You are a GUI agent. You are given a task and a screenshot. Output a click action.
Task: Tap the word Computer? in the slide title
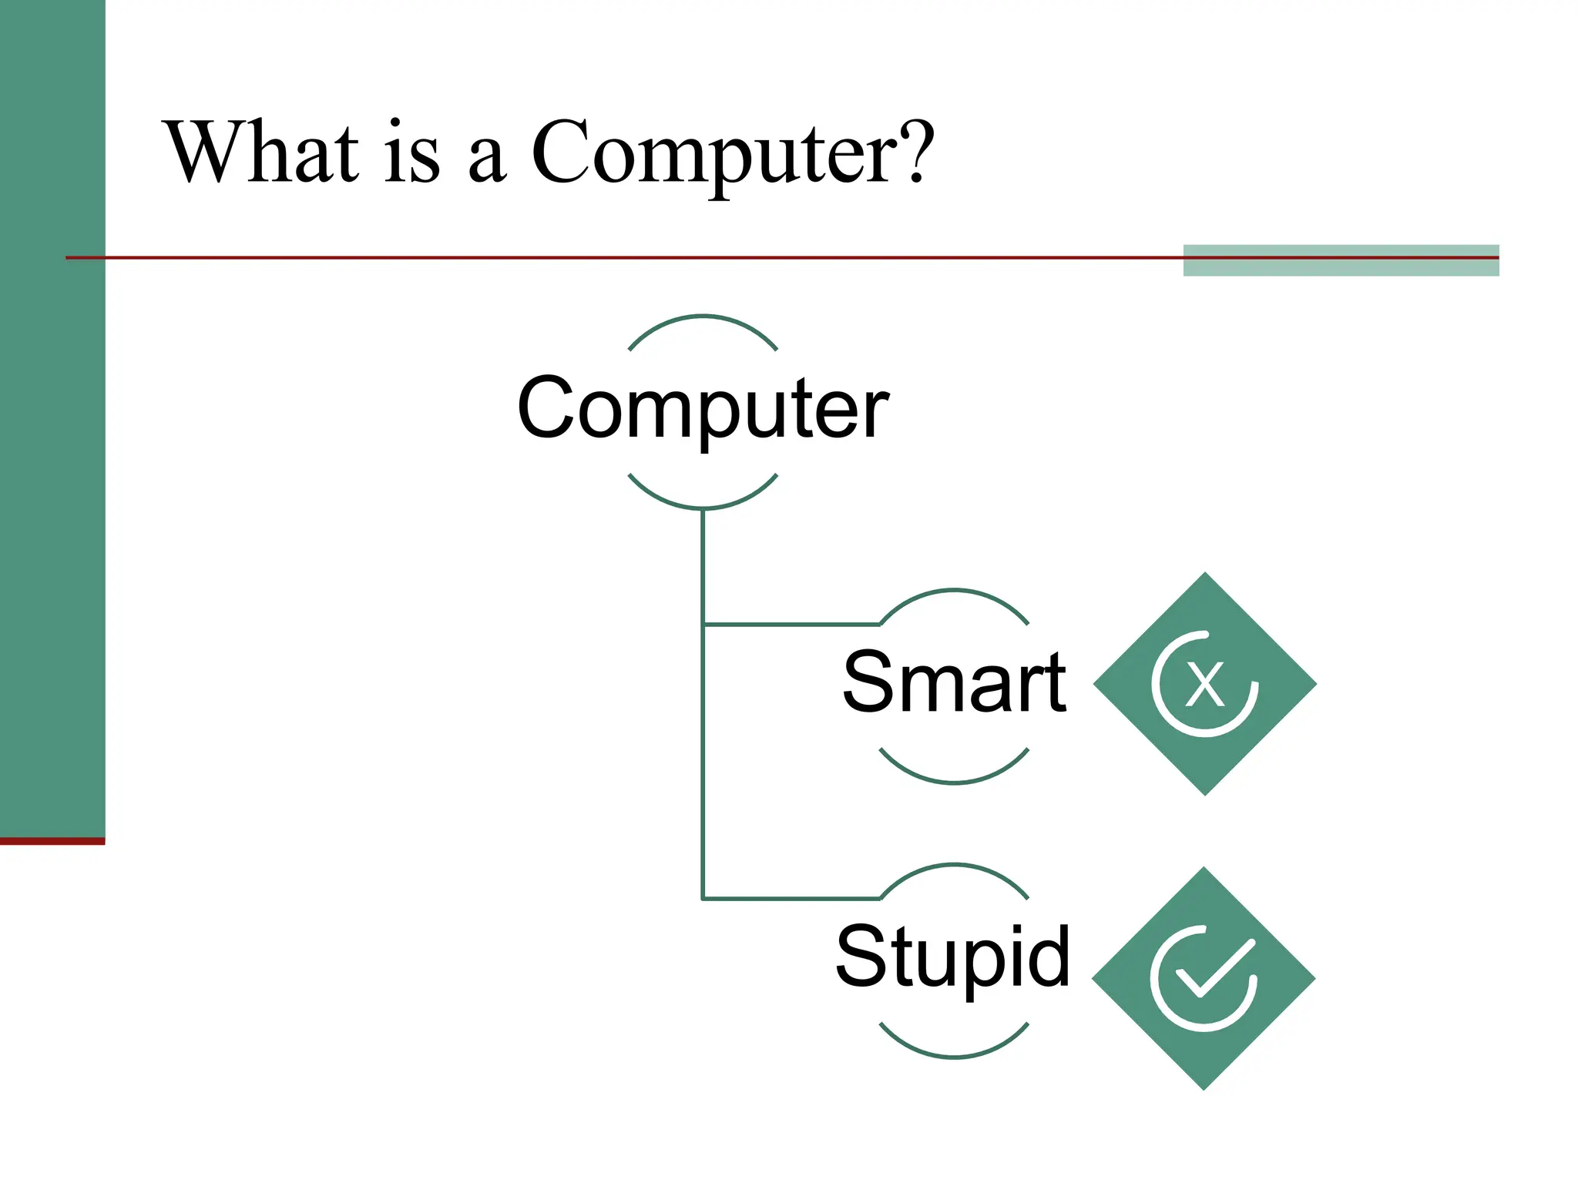(732, 154)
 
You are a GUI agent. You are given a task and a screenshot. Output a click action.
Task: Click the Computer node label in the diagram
(703, 408)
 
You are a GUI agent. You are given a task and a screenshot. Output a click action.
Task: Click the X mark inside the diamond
(1204, 684)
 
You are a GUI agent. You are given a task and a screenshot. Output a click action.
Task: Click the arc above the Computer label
(703, 317)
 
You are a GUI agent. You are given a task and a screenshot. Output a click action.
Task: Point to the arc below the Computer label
(703, 507)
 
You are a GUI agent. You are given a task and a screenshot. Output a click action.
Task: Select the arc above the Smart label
(954, 591)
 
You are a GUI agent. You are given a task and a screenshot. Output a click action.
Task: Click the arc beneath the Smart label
(954, 781)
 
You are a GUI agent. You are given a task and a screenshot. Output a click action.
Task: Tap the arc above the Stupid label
(954, 866)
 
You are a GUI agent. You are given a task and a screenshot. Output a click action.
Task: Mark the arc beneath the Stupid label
(954, 1056)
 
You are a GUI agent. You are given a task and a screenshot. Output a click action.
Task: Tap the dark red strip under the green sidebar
(52, 841)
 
